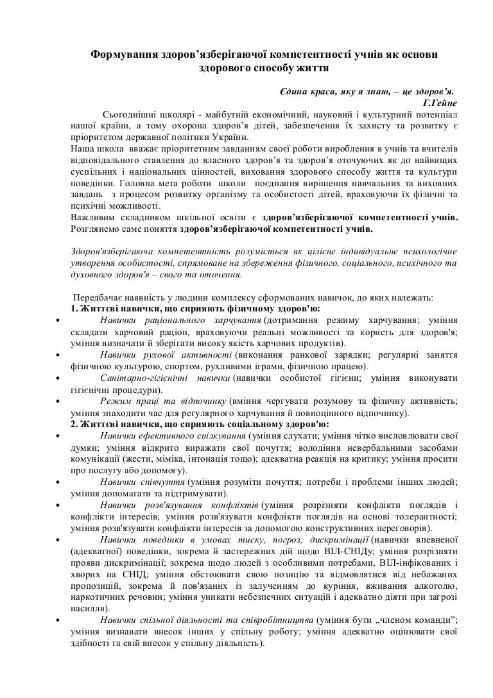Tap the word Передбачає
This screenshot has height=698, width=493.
point(99,298)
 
